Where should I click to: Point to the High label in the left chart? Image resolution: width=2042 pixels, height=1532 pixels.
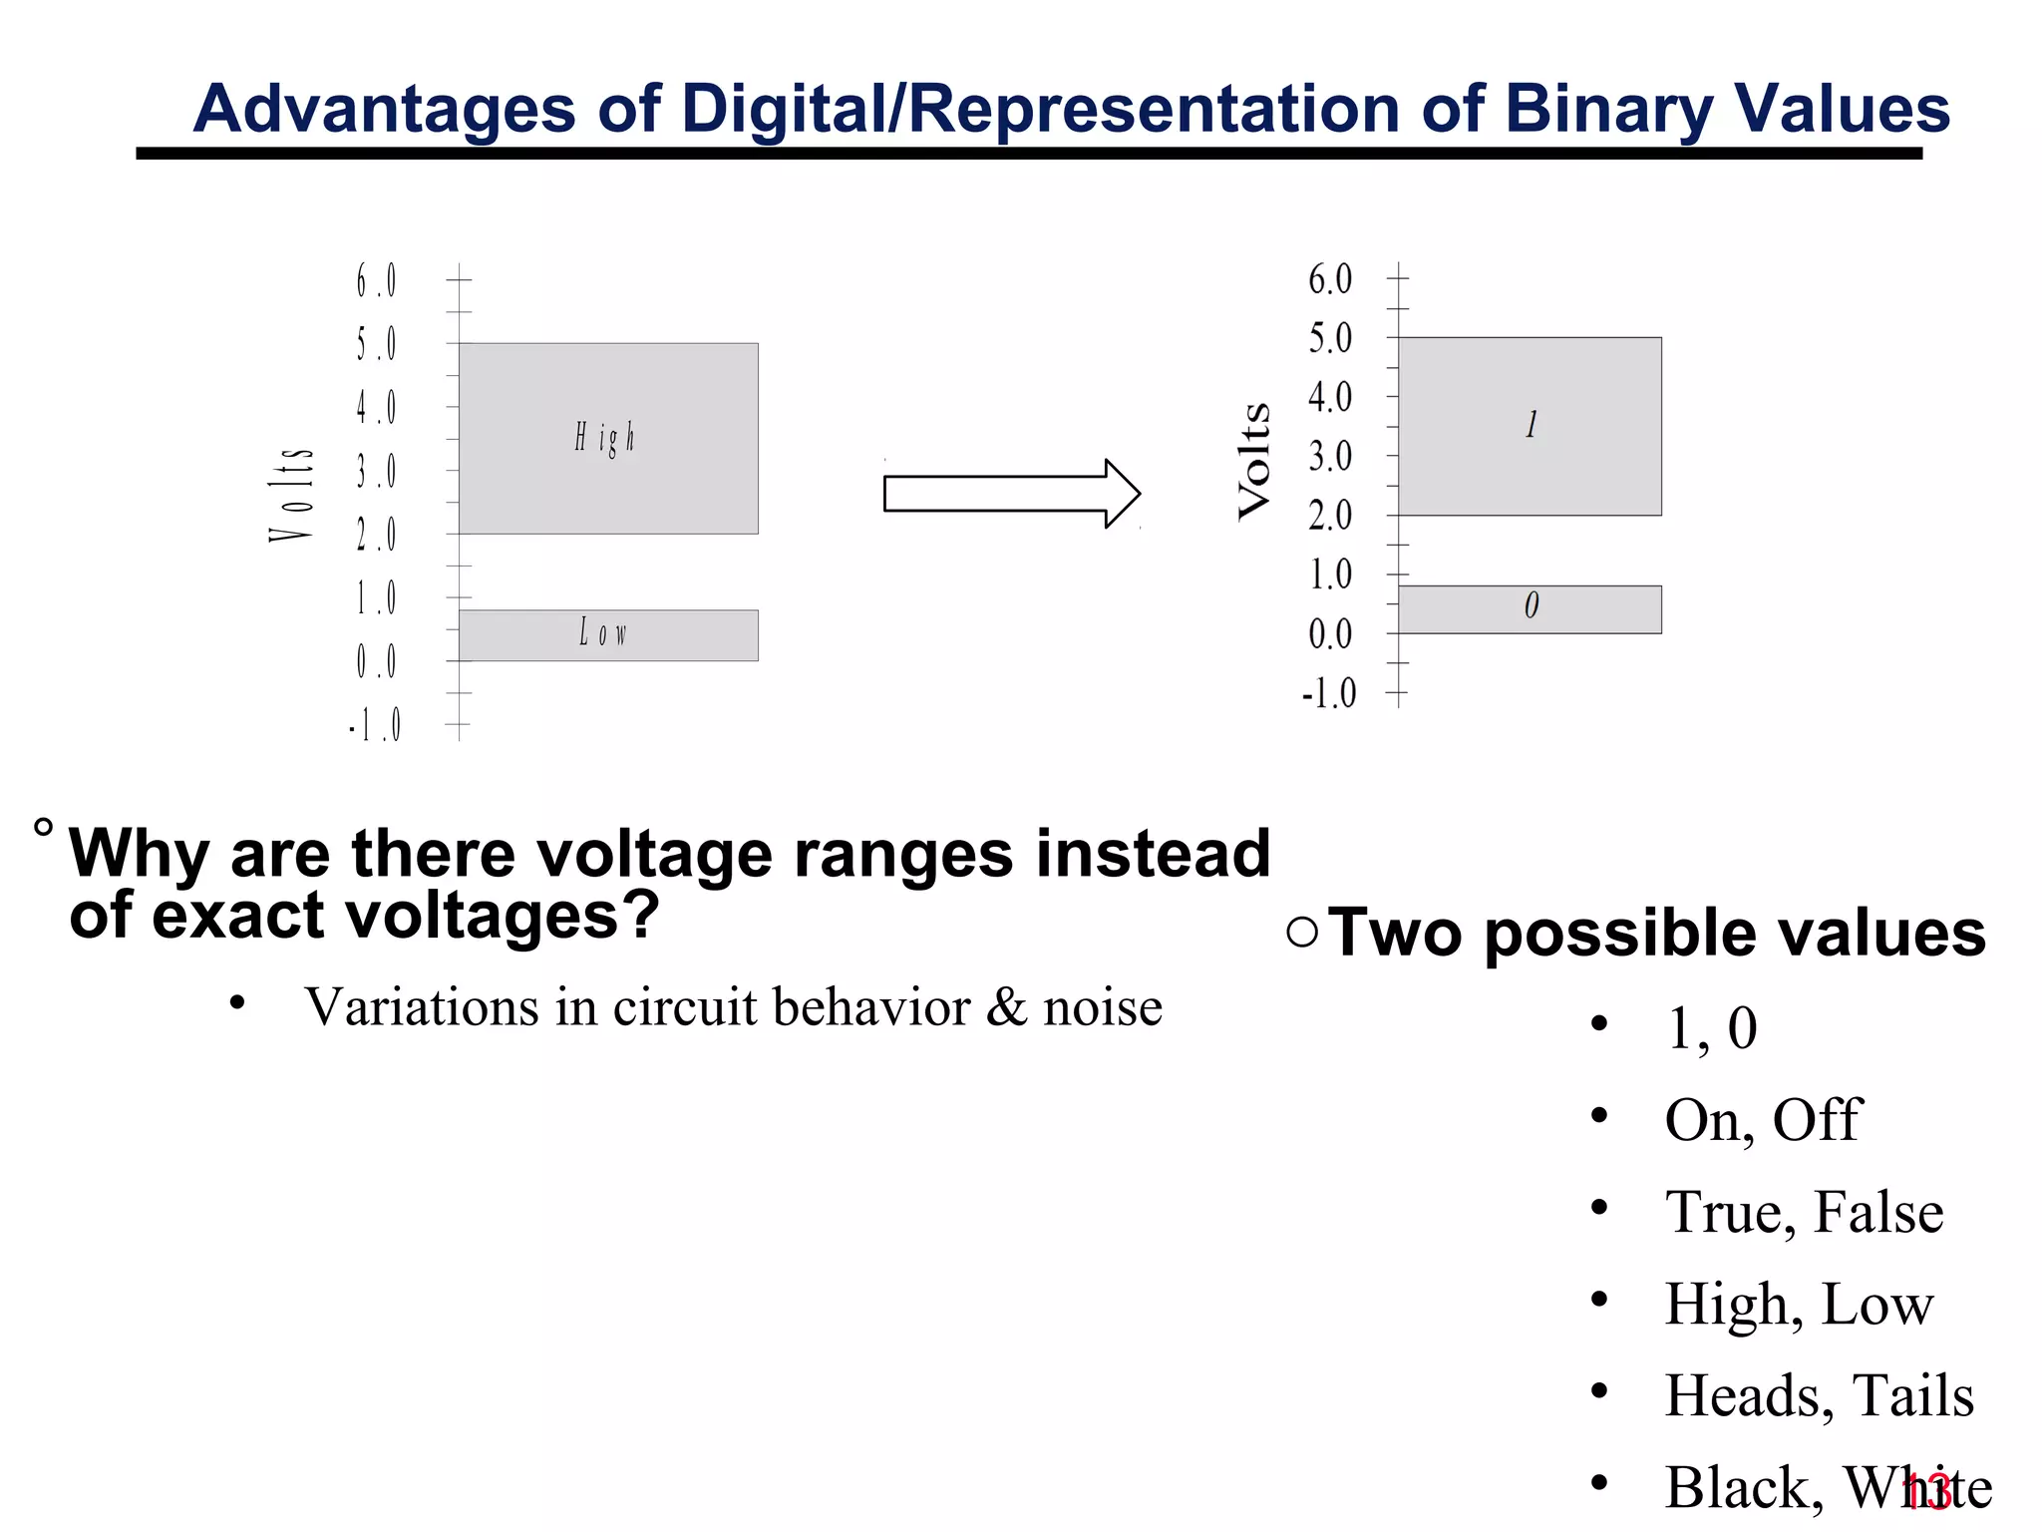[604, 438]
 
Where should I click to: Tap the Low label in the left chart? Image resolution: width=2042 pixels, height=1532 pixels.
[603, 632]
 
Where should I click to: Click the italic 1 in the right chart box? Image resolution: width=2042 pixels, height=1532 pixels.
[1531, 425]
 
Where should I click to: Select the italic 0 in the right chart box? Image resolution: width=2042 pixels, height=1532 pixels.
[1531, 605]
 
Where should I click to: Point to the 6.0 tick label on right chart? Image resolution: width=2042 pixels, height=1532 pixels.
[1330, 279]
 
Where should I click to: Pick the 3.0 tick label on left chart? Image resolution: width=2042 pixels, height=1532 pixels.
[376, 471]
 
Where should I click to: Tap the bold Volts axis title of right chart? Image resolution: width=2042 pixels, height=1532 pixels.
[1254, 461]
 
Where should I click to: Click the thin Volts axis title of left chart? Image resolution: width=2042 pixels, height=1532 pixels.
[291, 496]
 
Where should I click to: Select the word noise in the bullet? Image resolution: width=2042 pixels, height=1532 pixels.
[1102, 1007]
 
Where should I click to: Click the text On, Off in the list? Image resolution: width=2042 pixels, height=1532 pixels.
[1762, 1120]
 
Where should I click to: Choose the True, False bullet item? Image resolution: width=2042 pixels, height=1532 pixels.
[1804, 1212]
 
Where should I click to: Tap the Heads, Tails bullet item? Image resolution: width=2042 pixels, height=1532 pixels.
[1819, 1395]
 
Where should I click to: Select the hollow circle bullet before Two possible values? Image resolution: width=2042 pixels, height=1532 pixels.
[1302, 933]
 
